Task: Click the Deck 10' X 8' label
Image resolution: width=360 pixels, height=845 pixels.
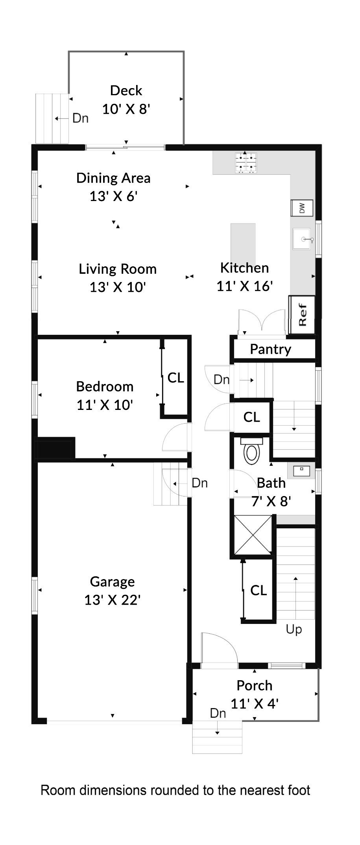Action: pyautogui.click(x=126, y=100)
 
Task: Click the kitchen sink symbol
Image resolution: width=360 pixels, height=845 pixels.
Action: pyautogui.click(x=302, y=239)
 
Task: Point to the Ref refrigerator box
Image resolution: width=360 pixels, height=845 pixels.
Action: pyautogui.click(x=302, y=315)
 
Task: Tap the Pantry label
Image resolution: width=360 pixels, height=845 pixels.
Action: pyautogui.click(x=271, y=349)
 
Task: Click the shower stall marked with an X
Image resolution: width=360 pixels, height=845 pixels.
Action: pyautogui.click(x=253, y=535)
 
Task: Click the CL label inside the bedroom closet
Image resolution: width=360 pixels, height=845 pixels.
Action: pyautogui.click(x=175, y=378)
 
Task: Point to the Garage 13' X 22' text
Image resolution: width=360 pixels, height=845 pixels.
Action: pyautogui.click(x=113, y=591)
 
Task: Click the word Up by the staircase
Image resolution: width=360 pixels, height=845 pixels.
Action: pyautogui.click(x=294, y=629)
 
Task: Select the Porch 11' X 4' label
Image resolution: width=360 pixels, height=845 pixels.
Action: pyautogui.click(x=255, y=694)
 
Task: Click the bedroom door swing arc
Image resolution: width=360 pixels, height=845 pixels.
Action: pyautogui.click(x=175, y=437)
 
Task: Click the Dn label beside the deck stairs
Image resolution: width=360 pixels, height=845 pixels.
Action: pyautogui.click(x=81, y=118)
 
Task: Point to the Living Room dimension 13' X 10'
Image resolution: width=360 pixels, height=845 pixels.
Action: pyautogui.click(x=118, y=287)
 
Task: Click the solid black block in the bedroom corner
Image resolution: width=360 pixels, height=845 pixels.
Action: pyautogui.click(x=55, y=448)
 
